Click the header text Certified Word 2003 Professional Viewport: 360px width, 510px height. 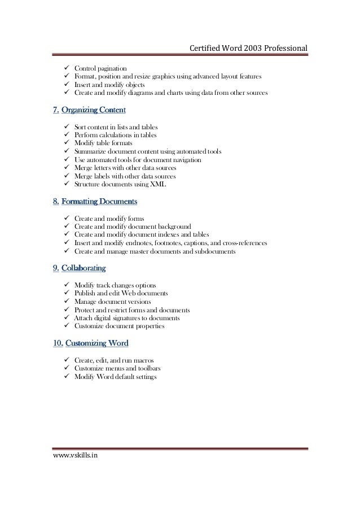pyautogui.click(x=248, y=47)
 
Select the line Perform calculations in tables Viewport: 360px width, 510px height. pyautogui.click(x=116, y=136)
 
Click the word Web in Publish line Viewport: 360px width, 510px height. pyautogui.click(x=134, y=294)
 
